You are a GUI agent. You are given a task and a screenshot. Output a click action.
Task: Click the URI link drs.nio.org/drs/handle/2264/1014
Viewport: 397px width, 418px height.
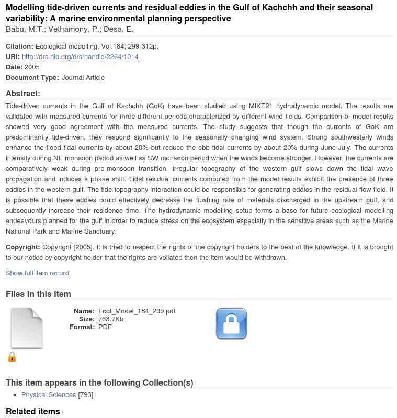click(80, 56)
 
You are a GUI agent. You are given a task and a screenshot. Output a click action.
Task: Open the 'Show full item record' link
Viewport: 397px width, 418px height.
click(38, 273)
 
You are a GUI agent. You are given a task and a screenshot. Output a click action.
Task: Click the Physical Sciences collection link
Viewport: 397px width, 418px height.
click(49, 394)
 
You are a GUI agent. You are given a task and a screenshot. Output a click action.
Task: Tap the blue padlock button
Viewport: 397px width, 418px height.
click(231, 324)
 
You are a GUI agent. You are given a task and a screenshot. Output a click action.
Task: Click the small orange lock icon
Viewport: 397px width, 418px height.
click(12, 357)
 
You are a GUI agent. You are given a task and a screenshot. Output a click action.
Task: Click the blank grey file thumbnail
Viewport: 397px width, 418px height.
click(27, 328)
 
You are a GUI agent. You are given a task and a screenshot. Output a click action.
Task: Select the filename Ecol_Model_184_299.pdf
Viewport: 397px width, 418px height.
click(137, 311)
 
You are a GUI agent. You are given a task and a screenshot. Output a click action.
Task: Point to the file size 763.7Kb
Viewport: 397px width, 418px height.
click(111, 319)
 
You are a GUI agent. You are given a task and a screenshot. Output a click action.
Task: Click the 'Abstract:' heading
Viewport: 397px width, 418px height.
click(23, 94)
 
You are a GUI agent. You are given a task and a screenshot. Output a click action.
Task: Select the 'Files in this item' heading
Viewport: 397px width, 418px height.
click(38, 294)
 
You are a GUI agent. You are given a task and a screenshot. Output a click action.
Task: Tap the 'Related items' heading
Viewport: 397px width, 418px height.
click(33, 411)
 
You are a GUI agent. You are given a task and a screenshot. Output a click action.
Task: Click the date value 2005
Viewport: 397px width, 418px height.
click(32, 67)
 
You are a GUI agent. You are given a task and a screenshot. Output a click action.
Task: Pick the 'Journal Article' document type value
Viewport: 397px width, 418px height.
click(83, 77)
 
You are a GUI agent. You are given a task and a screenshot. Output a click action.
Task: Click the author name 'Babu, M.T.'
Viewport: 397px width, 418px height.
click(25, 29)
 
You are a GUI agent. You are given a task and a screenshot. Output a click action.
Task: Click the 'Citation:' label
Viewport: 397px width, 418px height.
click(19, 46)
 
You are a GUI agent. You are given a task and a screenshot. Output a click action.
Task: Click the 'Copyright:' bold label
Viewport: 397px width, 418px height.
click(22, 247)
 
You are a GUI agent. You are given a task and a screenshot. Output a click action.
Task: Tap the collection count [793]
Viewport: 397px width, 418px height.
click(86, 394)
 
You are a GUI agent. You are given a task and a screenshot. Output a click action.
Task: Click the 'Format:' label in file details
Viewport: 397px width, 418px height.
click(82, 327)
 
